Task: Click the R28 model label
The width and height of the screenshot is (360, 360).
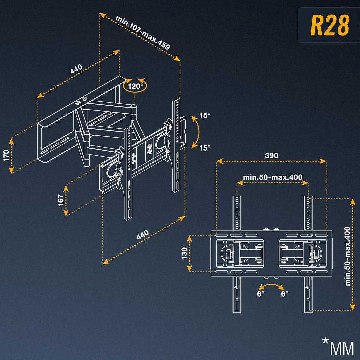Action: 330,25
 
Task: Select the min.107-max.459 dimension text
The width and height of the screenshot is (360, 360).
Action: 143,32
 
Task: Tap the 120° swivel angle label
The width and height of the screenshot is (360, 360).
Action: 135,86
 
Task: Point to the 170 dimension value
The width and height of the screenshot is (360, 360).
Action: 6,155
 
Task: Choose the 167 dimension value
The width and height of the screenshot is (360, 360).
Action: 61,200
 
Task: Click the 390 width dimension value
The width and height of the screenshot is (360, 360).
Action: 271,155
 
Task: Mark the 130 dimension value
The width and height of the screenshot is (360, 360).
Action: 184,253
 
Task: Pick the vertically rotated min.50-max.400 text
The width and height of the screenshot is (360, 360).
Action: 348,256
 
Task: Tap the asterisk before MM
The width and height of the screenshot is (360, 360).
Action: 325,342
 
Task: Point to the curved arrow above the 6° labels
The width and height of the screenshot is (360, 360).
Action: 272,286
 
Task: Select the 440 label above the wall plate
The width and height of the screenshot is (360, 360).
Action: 76,69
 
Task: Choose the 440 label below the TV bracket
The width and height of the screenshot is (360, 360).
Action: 143,235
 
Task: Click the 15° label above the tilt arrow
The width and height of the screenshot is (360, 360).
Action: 205,116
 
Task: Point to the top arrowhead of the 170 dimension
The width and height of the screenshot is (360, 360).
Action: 12,141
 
